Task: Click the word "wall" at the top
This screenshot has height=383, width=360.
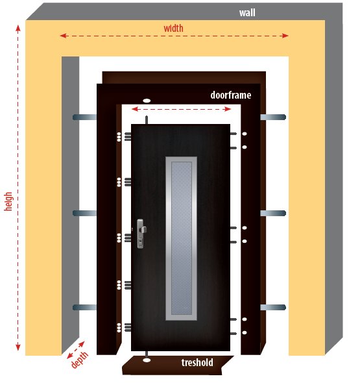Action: (247, 13)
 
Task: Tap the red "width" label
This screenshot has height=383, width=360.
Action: (174, 29)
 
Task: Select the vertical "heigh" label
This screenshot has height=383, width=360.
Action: (8, 201)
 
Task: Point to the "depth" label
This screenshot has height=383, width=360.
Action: (80, 360)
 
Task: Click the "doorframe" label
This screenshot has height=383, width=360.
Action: (231, 95)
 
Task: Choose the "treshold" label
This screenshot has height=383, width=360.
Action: (197, 362)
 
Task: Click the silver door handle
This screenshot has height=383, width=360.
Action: (141, 233)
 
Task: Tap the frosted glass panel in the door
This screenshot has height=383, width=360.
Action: (182, 238)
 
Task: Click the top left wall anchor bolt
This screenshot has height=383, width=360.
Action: (85, 117)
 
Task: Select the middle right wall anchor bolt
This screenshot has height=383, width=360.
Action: (273, 213)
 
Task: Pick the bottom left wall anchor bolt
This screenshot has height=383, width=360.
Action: (85, 307)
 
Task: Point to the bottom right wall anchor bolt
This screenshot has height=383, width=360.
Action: (273, 307)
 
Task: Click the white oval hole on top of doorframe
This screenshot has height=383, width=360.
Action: (147, 101)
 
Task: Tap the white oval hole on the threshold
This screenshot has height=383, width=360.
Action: (147, 360)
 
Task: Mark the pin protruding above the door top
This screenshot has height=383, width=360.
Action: (147, 120)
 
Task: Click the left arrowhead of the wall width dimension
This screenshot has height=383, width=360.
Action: (63, 36)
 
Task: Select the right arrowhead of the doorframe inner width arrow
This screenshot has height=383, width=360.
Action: (228, 109)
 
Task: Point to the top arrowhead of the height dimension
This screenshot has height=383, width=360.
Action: (18, 28)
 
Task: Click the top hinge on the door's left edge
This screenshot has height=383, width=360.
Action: (128, 136)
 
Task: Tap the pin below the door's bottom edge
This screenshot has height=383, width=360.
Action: (147, 354)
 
